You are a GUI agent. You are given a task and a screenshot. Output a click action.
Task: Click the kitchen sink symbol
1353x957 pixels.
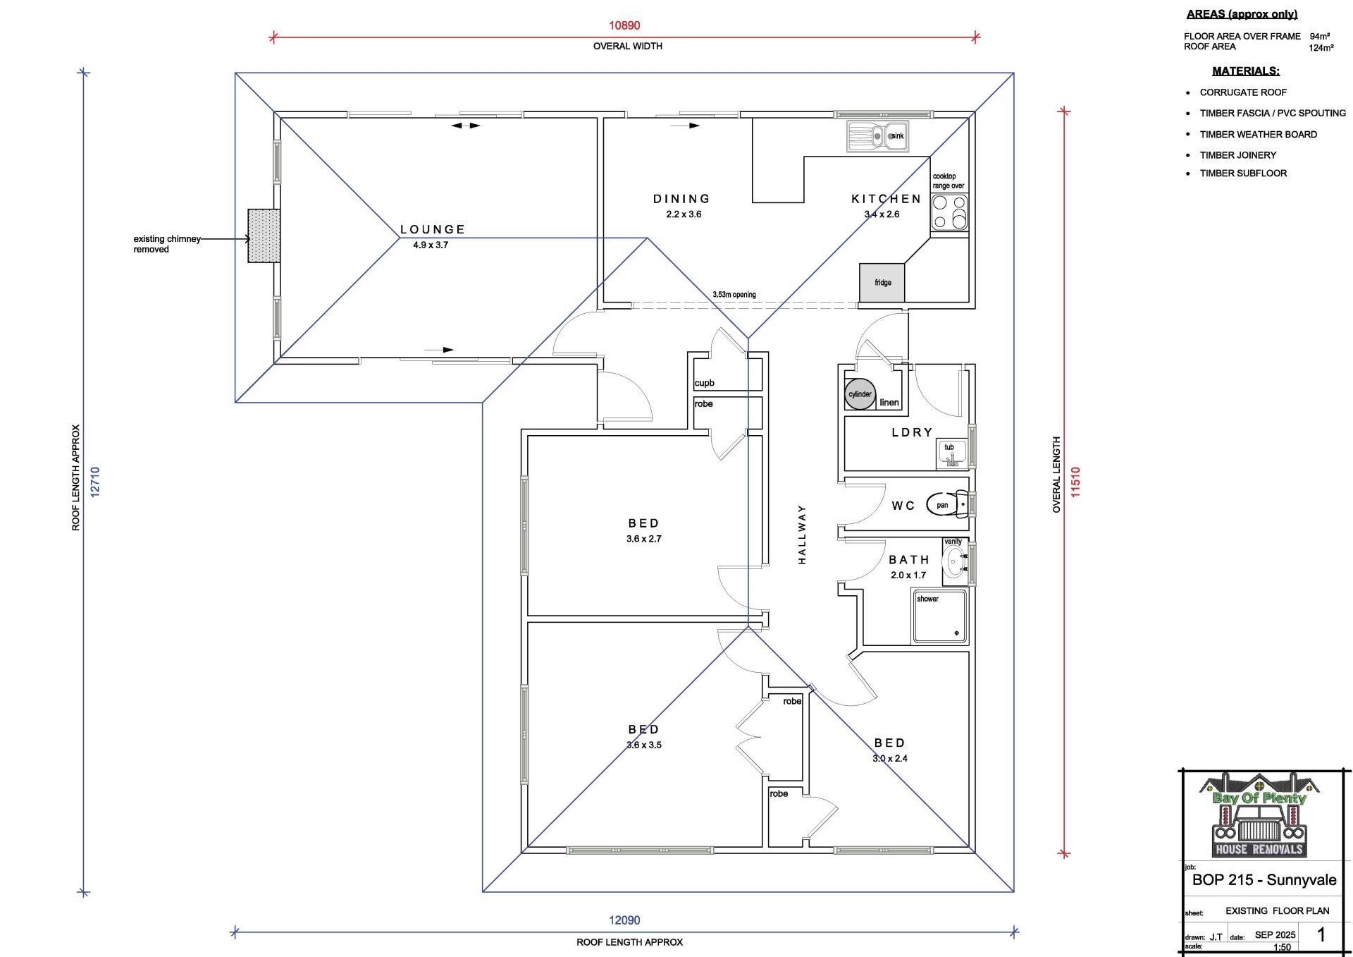[877, 136]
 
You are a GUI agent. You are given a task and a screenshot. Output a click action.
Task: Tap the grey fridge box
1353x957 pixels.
[882, 283]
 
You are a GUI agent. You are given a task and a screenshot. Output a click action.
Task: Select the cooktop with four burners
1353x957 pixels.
[949, 212]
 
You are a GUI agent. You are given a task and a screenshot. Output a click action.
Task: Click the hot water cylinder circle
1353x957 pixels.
[860, 394]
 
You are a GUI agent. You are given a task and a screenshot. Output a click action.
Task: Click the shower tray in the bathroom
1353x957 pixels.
[940, 617]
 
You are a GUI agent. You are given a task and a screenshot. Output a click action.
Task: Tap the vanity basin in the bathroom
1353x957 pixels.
[955, 562]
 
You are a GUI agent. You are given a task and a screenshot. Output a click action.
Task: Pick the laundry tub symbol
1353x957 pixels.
[951, 454]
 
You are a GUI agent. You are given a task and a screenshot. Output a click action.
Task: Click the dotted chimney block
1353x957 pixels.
[264, 236]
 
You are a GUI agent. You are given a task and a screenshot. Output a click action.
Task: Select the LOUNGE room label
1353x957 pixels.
[433, 230]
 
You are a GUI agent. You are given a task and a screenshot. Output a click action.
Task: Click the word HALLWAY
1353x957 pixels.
[802, 535]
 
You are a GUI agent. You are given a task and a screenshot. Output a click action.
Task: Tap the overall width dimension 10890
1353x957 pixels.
[624, 25]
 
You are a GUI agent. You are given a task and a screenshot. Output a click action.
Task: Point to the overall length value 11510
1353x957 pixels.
[1075, 482]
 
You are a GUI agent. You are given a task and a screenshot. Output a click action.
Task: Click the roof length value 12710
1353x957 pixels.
[95, 482]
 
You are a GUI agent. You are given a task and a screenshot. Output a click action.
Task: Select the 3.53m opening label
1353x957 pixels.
[734, 295]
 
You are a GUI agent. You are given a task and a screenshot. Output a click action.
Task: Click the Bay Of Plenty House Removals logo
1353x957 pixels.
[1259, 815]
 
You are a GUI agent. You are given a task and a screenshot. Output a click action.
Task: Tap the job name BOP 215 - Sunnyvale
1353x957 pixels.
[1264, 880]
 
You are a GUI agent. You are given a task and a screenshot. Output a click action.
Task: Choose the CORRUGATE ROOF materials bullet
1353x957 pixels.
[1243, 92]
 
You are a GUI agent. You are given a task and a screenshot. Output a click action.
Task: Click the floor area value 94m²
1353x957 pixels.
[1320, 36]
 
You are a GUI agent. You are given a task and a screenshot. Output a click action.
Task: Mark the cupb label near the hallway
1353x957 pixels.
[704, 383]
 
